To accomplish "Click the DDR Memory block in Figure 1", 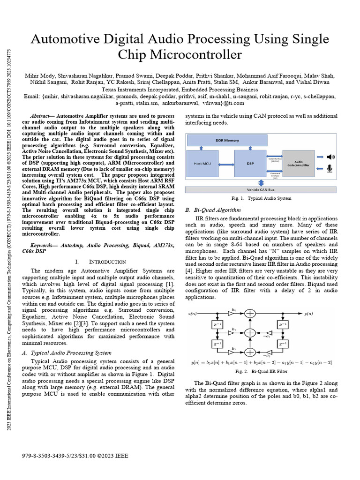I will pos(227,140).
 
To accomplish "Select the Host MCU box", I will pos(204,164).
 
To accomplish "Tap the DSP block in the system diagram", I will pos(250,164).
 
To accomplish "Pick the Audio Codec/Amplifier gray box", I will pos(298,164).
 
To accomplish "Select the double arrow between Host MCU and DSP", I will pos(227,164).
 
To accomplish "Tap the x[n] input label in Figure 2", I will pos(193,314).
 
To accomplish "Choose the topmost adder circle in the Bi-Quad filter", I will pos(251,314).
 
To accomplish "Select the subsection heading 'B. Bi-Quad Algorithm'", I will pos(213,210).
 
